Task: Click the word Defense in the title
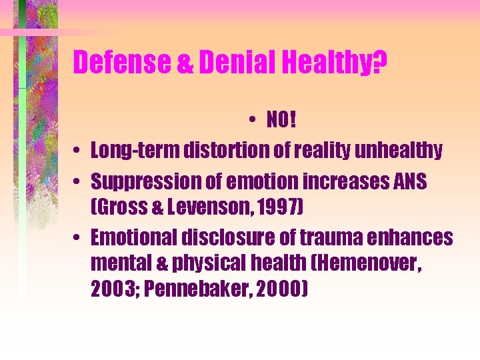coord(121,63)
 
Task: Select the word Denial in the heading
coord(225,63)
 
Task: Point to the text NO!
coord(280,121)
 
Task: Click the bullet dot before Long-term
coord(78,152)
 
